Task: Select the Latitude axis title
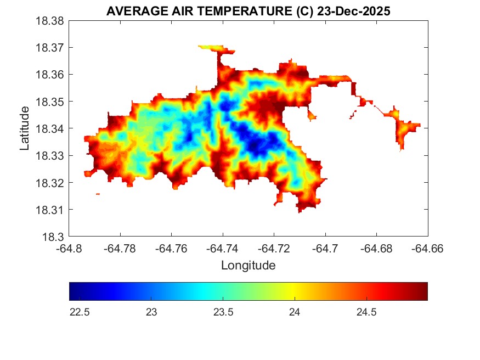click(x=25, y=128)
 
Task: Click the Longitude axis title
click(x=248, y=266)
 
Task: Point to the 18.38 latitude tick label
click(x=50, y=21)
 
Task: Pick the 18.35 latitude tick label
click(x=50, y=102)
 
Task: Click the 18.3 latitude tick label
click(x=53, y=237)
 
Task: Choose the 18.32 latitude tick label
click(x=50, y=183)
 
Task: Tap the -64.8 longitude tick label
click(x=69, y=249)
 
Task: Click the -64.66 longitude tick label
click(x=428, y=249)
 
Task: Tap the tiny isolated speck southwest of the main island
click(x=98, y=194)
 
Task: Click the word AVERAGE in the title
click(x=129, y=12)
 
